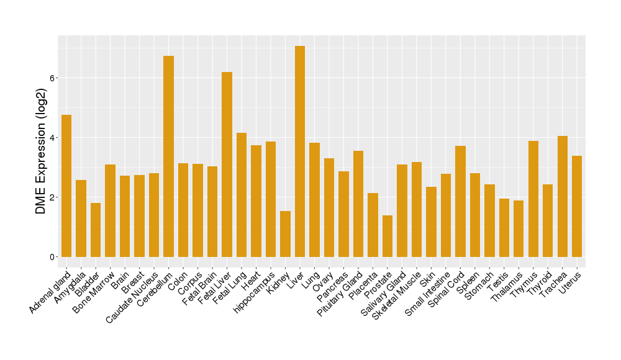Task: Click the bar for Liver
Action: [x=300, y=151]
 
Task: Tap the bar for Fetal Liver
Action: [x=227, y=164]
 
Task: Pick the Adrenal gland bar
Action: [x=66, y=186]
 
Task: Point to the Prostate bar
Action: [x=388, y=236]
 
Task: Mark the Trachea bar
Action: [x=563, y=196]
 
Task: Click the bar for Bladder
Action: [x=96, y=230]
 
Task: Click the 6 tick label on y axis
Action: [x=53, y=78]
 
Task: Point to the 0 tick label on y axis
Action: [x=53, y=257]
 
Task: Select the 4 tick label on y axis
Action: [x=53, y=138]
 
